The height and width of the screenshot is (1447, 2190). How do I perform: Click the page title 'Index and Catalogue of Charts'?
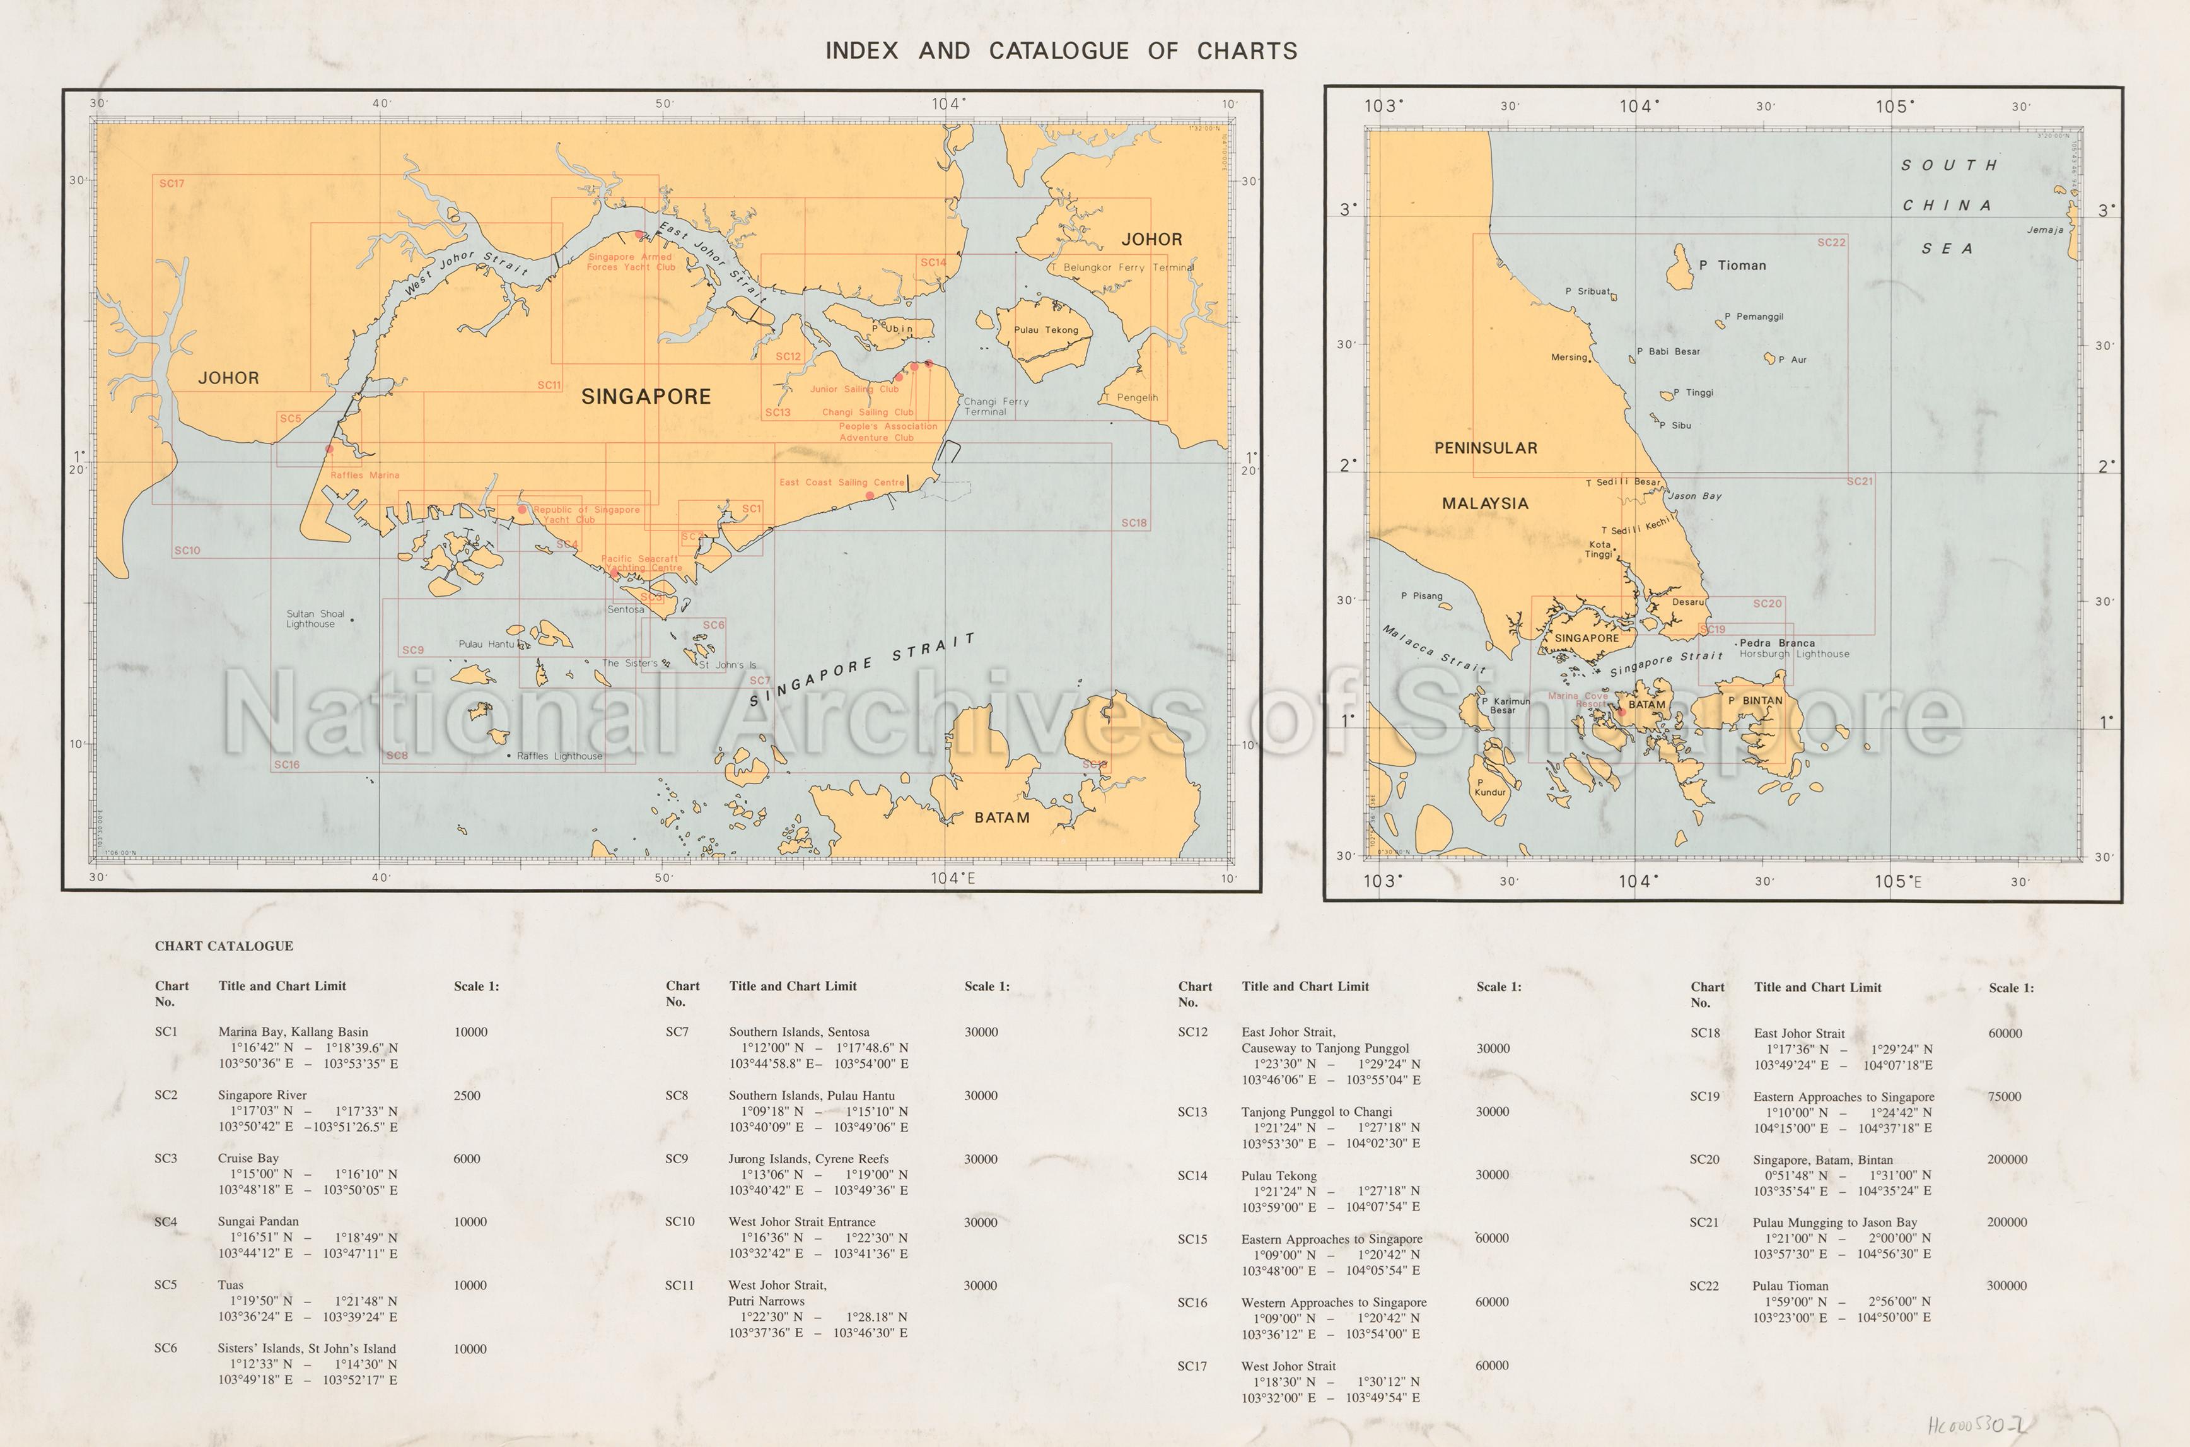[1061, 50]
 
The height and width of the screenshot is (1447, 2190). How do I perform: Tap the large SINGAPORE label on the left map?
[646, 397]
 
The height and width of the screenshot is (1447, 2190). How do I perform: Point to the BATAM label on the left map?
[1002, 817]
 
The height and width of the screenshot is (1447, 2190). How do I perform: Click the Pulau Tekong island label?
[1045, 329]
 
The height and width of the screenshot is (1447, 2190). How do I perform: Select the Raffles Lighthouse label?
[559, 756]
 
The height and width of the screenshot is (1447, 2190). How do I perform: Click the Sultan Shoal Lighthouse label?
[315, 618]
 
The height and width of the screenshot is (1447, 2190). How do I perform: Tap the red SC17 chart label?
[172, 184]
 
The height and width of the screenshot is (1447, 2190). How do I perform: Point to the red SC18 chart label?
[1134, 524]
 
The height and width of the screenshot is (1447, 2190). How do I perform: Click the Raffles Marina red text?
[365, 475]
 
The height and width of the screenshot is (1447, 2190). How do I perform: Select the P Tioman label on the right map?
[1732, 265]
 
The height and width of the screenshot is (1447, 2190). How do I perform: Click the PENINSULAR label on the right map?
[1485, 448]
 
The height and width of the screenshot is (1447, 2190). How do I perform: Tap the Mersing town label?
[1568, 357]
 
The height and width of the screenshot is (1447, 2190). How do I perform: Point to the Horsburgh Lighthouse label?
[1793, 654]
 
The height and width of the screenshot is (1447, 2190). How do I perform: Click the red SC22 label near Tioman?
[1831, 243]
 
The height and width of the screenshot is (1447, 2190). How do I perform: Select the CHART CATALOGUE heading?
[224, 946]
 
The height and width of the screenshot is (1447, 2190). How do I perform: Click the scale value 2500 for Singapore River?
[467, 1096]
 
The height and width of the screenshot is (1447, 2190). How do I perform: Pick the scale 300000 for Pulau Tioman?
[2007, 1286]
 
